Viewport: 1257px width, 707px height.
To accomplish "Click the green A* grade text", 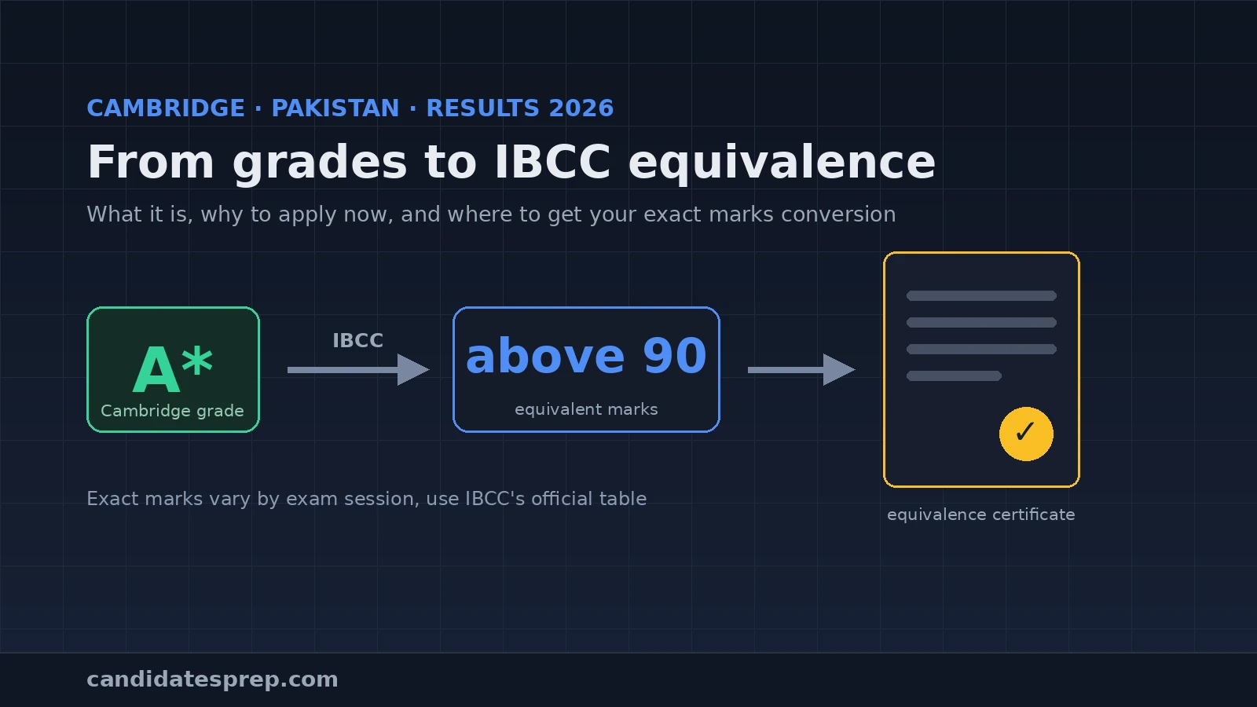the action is pyautogui.click(x=173, y=368).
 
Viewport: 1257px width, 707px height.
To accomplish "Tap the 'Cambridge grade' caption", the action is pyautogui.click(x=172, y=412).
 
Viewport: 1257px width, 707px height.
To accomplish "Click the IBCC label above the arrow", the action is pyautogui.click(x=358, y=341).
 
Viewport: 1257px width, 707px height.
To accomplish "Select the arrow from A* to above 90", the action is pyautogui.click(x=358, y=370).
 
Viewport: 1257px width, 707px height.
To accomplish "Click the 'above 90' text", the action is pyautogui.click(x=586, y=356).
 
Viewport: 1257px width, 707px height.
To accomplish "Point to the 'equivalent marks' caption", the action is pyautogui.click(x=586, y=409).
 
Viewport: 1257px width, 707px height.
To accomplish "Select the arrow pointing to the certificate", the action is pyautogui.click(x=802, y=370).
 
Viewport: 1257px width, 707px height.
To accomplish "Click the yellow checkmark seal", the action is pyautogui.click(x=1026, y=434).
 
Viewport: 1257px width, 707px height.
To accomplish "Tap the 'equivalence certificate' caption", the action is pyautogui.click(x=981, y=515).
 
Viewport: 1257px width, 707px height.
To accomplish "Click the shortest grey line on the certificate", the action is pyautogui.click(x=954, y=376).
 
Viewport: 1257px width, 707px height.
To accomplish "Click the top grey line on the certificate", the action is pyautogui.click(x=981, y=295).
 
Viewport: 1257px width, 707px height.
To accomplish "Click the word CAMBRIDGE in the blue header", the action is pyautogui.click(x=166, y=108).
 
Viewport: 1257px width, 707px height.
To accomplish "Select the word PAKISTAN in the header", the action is pyautogui.click(x=335, y=108).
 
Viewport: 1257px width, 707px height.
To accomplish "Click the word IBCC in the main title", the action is pyautogui.click(x=552, y=162).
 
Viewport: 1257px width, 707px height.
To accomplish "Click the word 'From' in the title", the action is pyautogui.click(x=150, y=162).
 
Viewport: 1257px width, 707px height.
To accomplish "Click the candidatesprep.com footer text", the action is pyautogui.click(x=213, y=680).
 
